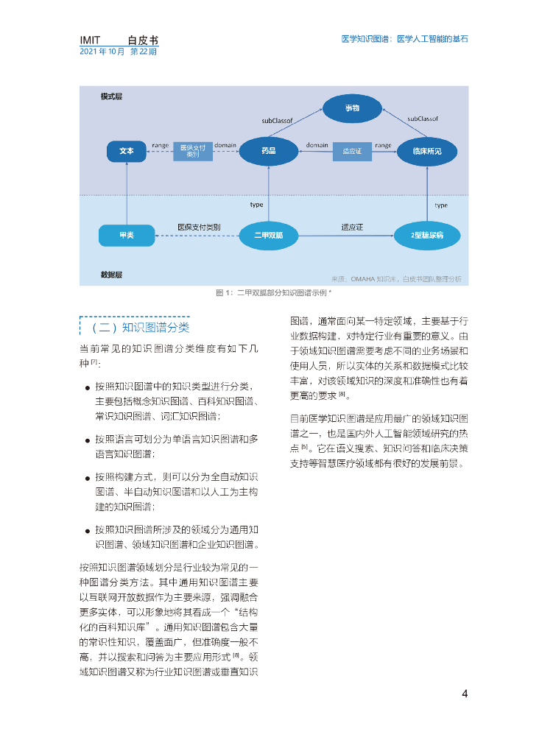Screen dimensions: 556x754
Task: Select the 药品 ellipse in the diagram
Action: (x=268, y=151)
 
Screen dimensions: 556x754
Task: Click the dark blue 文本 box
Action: (x=127, y=151)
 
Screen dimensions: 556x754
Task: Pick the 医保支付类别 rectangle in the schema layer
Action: (x=192, y=151)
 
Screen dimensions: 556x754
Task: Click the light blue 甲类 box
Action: (x=126, y=235)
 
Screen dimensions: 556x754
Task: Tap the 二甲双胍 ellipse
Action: (x=268, y=235)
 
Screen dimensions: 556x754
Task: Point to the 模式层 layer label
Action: (x=112, y=96)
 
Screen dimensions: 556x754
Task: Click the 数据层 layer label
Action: (x=112, y=275)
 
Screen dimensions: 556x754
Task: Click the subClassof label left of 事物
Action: (x=278, y=118)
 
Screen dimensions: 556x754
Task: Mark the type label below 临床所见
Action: (x=440, y=205)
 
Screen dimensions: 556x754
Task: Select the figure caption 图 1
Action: (x=273, y=293)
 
